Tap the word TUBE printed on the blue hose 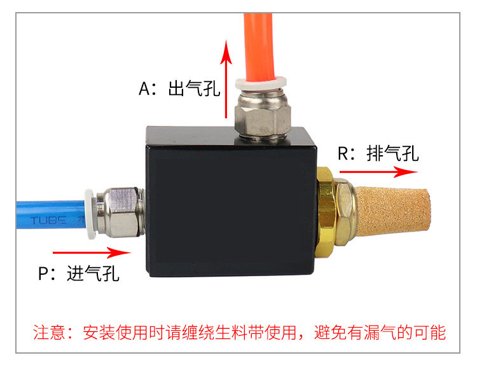tap(48, 220)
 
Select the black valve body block tap(232, 202)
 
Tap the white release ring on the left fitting tap(90, 214)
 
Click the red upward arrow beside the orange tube tap(226, 79)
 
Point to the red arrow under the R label tap(379, 172)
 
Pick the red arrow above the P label tap(92, 253)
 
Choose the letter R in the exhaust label tap(343, 153)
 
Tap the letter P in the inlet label tap(43, 274)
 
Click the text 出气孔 tap(194, 88)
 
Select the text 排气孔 tap(393, 153)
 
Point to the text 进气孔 tap(93, 274)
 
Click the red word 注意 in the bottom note tap(49, 332)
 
